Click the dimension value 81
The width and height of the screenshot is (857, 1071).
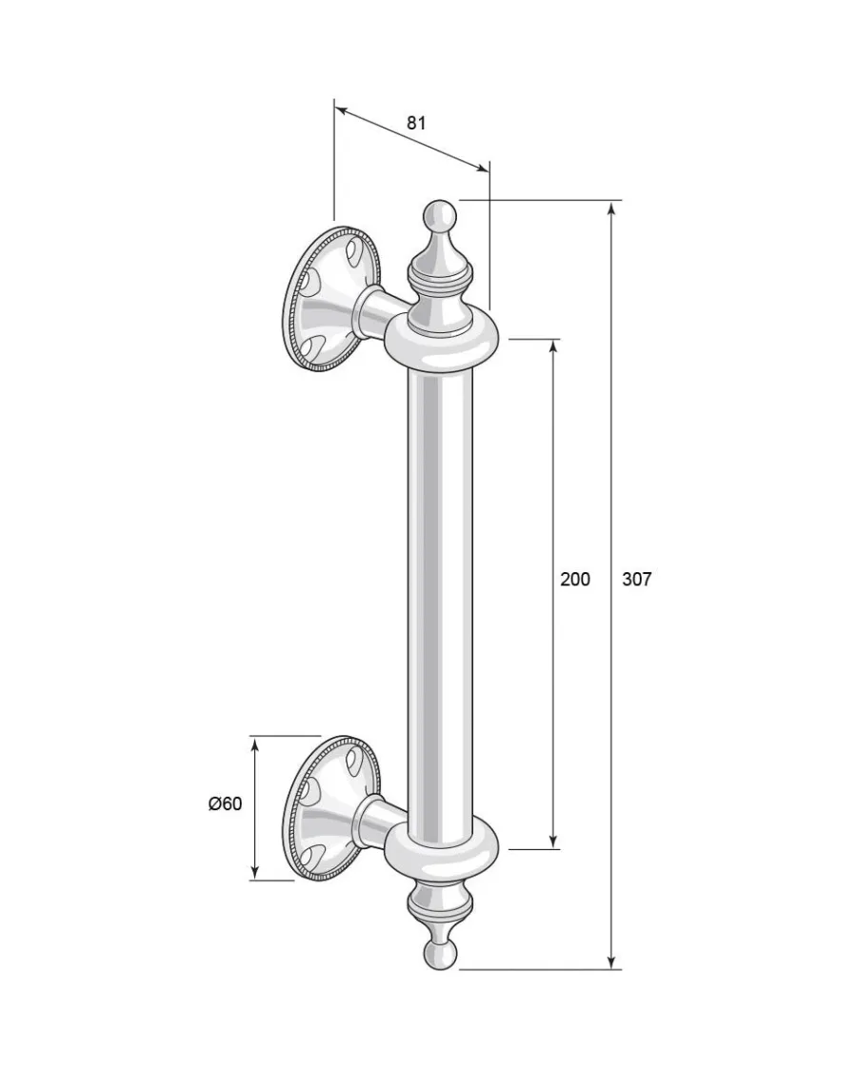point(416,123)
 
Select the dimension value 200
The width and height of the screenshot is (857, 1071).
point(575,579)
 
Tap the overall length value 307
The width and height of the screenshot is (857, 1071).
point(637,579)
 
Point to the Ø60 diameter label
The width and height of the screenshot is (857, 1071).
point(226,803)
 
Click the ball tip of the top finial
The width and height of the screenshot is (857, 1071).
point(439,216)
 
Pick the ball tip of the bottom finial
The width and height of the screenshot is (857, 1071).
point(439,954)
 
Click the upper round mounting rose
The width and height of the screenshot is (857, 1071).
point(330,298)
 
